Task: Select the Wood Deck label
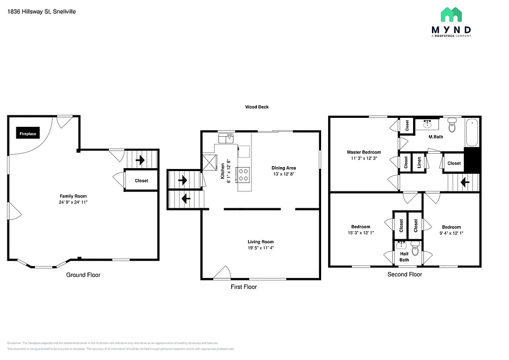[x=256, y=107]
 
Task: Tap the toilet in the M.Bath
[x=452, y=126]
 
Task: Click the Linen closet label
[x=420, y=163]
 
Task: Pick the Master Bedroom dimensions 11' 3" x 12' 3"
[x=364, y=158]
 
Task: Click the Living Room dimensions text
[x=260, y=248]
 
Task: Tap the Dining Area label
[x=283, y=168]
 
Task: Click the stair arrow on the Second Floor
[x=465, y=182]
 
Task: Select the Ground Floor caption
[x=83, y=275]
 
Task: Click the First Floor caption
[x=244, y=287]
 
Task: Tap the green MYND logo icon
[x=451, y=14]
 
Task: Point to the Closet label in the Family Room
[x=141, y=180]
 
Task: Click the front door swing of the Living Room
[x=222, y=272]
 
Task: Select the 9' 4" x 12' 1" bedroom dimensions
[x=451, y=233]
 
